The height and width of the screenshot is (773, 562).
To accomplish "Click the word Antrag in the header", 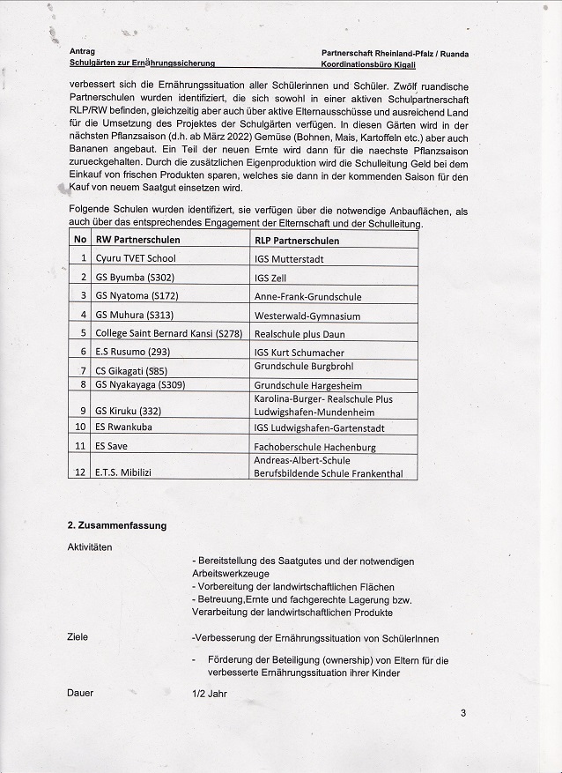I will coord(81,52).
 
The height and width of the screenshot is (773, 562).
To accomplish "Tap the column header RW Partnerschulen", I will coord(137,240).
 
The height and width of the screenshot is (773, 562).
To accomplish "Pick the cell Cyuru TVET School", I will coord(136,258).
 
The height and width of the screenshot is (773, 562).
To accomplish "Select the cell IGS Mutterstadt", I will coord(289,259).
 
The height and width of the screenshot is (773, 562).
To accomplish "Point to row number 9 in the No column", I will coord(80,411).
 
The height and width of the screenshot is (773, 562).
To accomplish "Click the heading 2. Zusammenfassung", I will coord(117,525).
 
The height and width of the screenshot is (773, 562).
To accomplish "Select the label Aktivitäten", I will coord(90,547).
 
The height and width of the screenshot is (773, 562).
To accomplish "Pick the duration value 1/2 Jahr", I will coord(209,693).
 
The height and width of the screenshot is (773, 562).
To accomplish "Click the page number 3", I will coord(462,713).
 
